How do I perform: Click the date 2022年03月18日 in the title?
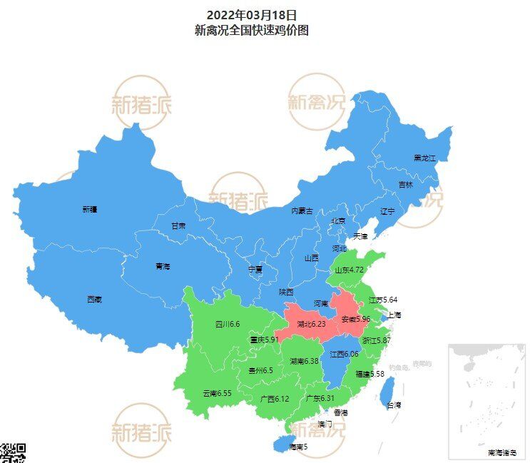[251, 14]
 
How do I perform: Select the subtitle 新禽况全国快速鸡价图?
[251, 31]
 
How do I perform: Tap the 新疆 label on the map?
[90, 210]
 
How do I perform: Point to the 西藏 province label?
[94, 300]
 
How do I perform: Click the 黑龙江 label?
[424, 158]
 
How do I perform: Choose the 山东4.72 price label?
[350, 270]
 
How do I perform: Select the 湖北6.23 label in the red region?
[311, 323]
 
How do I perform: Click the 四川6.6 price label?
[228, 325]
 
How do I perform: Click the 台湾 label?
[394, 405]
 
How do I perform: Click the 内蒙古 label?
[302, 211]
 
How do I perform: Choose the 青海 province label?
[163, 266]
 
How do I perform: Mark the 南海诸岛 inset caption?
[504, 452]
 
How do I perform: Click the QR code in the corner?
[12, 453]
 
